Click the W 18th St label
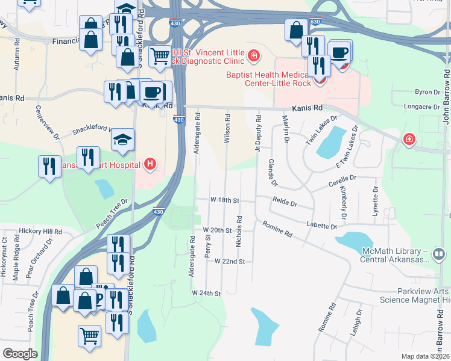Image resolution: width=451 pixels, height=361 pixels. click(x=225, y=200)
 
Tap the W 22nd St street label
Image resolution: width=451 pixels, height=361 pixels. click(x=230, y=262)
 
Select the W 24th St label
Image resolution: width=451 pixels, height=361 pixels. click(x=207, y=293)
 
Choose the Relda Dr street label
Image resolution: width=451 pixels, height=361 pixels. click(x=285, y=203)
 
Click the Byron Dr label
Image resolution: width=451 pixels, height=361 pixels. click(x=427, y=92)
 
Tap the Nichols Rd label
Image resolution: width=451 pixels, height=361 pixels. click(x=239, y=231)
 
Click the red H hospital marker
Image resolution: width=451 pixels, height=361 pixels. click(x=150, y=164)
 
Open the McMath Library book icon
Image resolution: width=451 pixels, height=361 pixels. click(x=438, y=255)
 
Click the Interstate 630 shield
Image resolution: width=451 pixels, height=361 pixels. click(x=315, y=22)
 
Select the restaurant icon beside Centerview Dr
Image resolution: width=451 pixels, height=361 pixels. click(x=48, y=166)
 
